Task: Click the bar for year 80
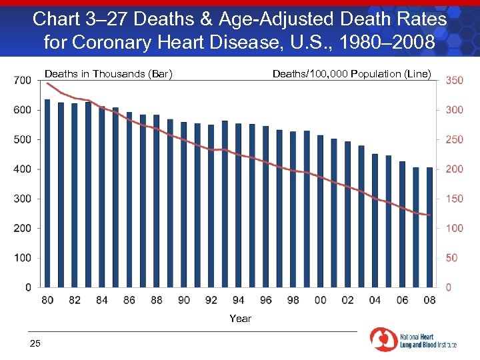[47, 193]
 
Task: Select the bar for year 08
[429, 227]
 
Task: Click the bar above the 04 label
[375, 221]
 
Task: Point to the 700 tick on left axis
[22, 80]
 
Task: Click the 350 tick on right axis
[454, 80]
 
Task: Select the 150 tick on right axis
[454, 199]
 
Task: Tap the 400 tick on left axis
[22, 169]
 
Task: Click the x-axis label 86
[129, 300]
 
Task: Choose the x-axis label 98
[293, 300]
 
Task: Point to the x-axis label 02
[347, 300]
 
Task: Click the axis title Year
[240, 319]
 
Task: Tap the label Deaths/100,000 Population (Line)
[352, 74]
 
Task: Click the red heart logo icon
[383, 339]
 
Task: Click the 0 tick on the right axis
[449, 287]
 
